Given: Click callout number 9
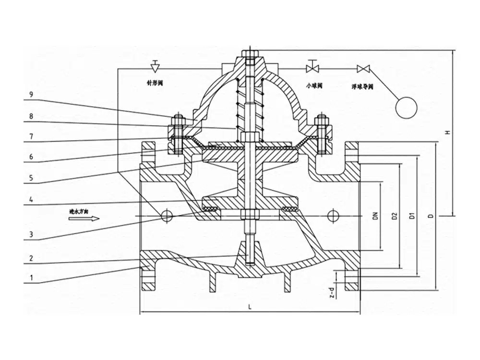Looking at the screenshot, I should pos(31,95).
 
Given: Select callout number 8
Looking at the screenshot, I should pos(31,115).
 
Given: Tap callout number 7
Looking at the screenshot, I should pos(31,136).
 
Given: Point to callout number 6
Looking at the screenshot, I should pos(31,157).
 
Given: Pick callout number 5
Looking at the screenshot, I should pos(31,178).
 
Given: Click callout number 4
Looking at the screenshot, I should pos(31,198).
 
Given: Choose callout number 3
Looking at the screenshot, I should pos(31,235).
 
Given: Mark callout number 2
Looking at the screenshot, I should pos(31,257).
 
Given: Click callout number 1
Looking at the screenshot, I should pos(31,277).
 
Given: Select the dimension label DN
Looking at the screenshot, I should pos(376,216).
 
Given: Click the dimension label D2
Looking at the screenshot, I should pos(394,216).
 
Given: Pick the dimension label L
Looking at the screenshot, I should pos(250,306).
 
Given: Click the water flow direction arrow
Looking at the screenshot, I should pos(84,219).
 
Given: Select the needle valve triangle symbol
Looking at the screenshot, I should pos(155,64).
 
